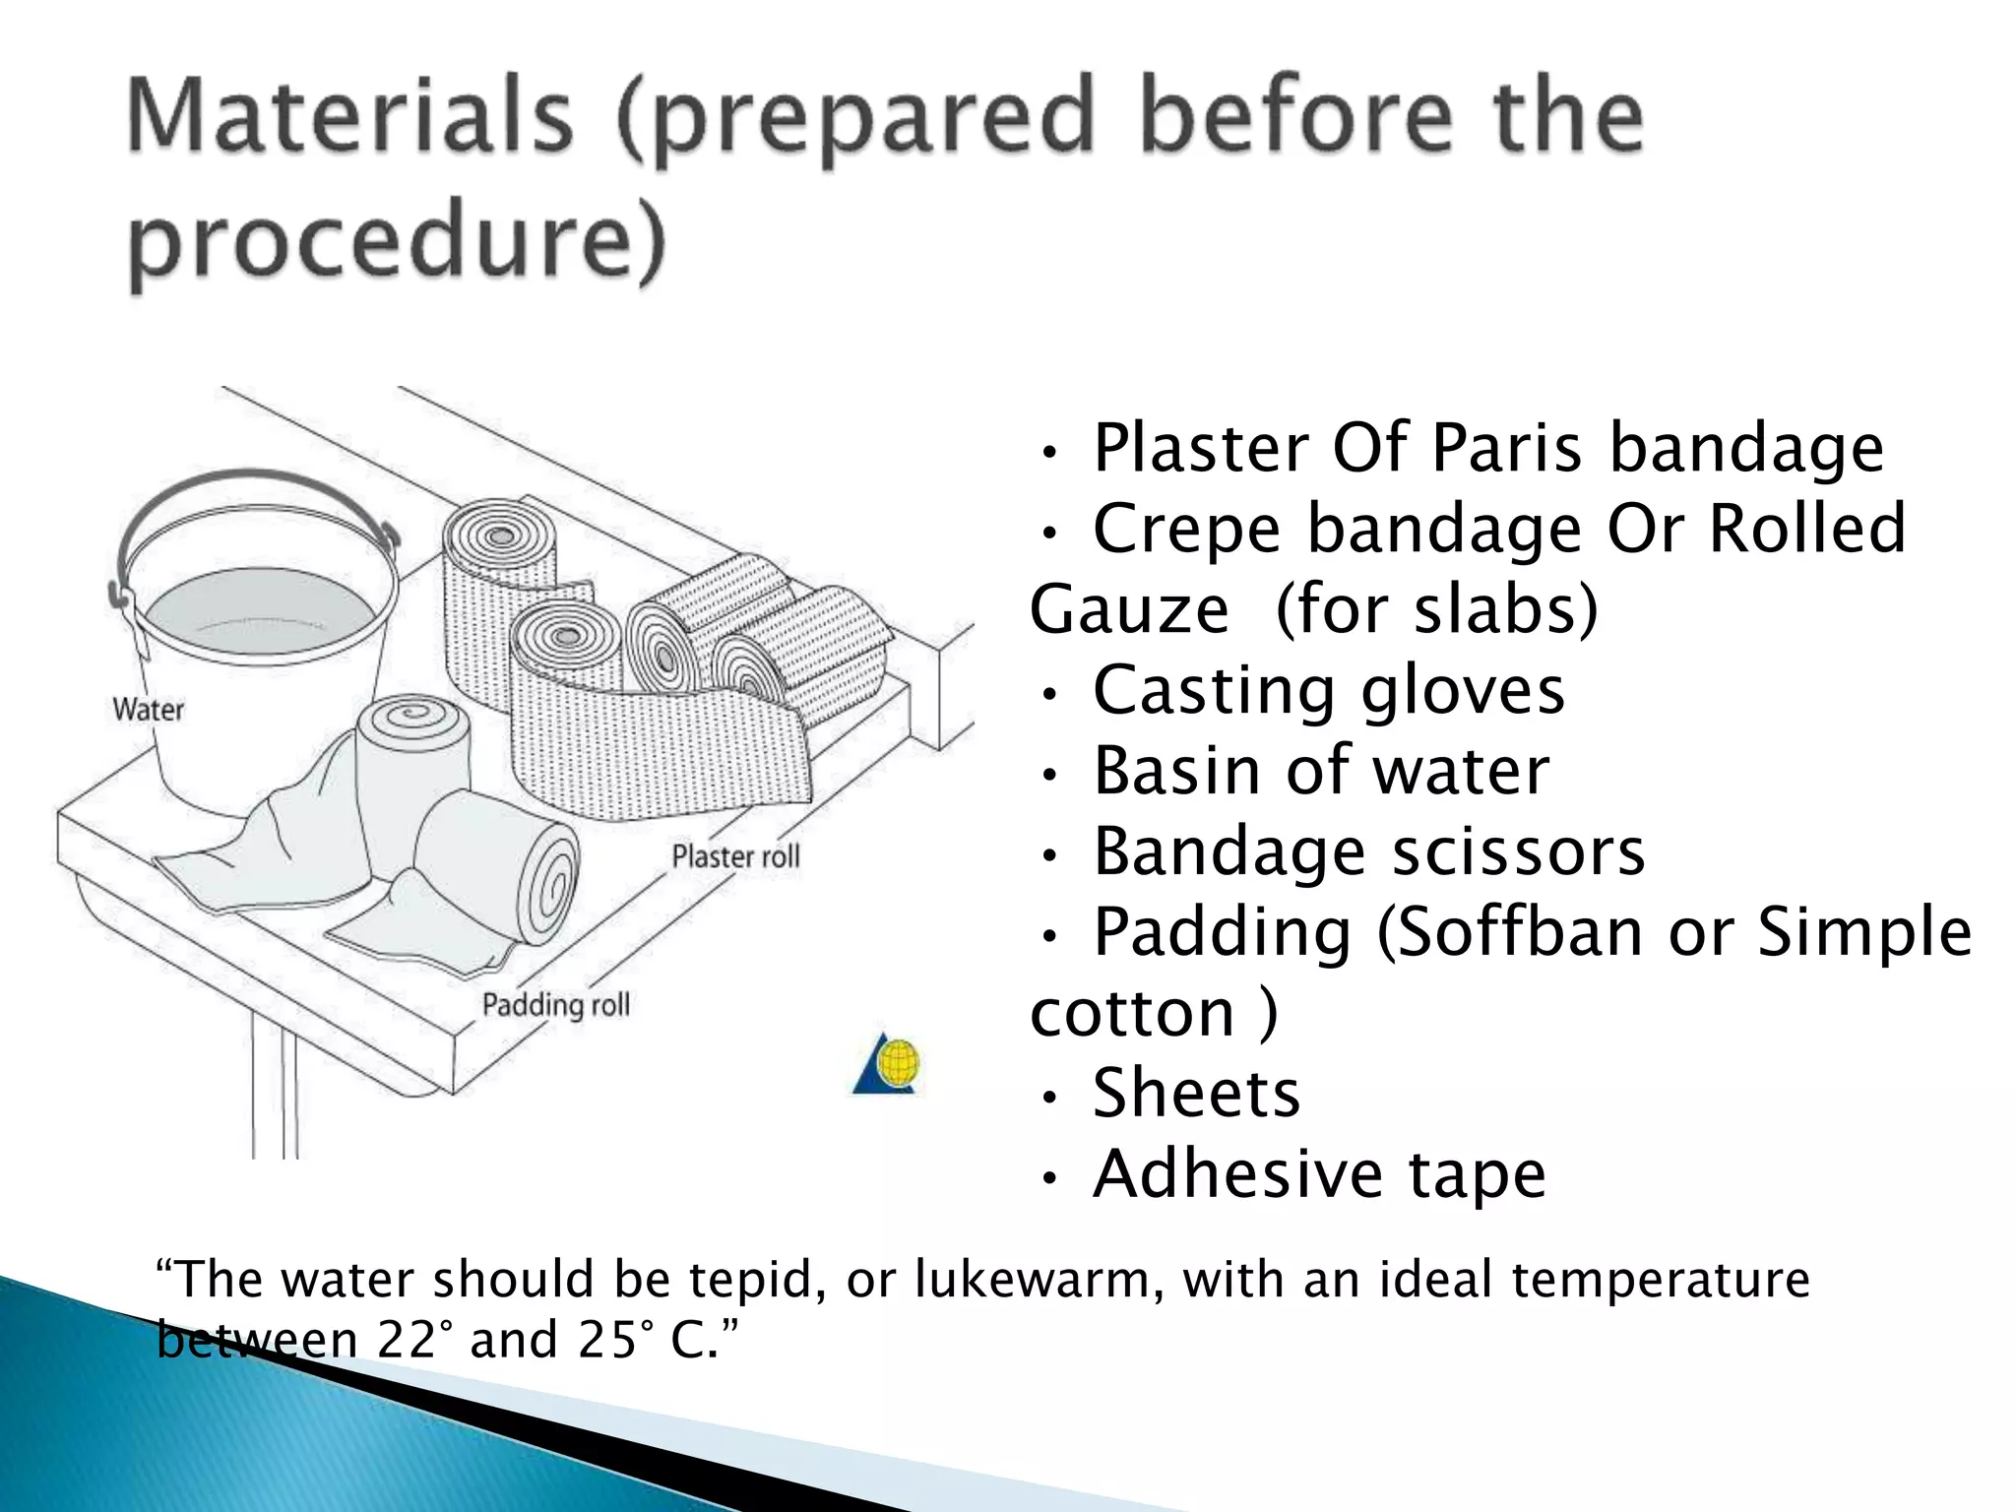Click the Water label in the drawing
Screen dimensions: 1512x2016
coord(148,709)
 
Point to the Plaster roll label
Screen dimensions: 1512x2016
coord(735,856)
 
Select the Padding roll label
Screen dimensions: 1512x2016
coord(555,1005)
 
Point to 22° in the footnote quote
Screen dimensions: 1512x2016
coord(407,1340)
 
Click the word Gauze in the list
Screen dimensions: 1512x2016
coord(1129,609)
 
